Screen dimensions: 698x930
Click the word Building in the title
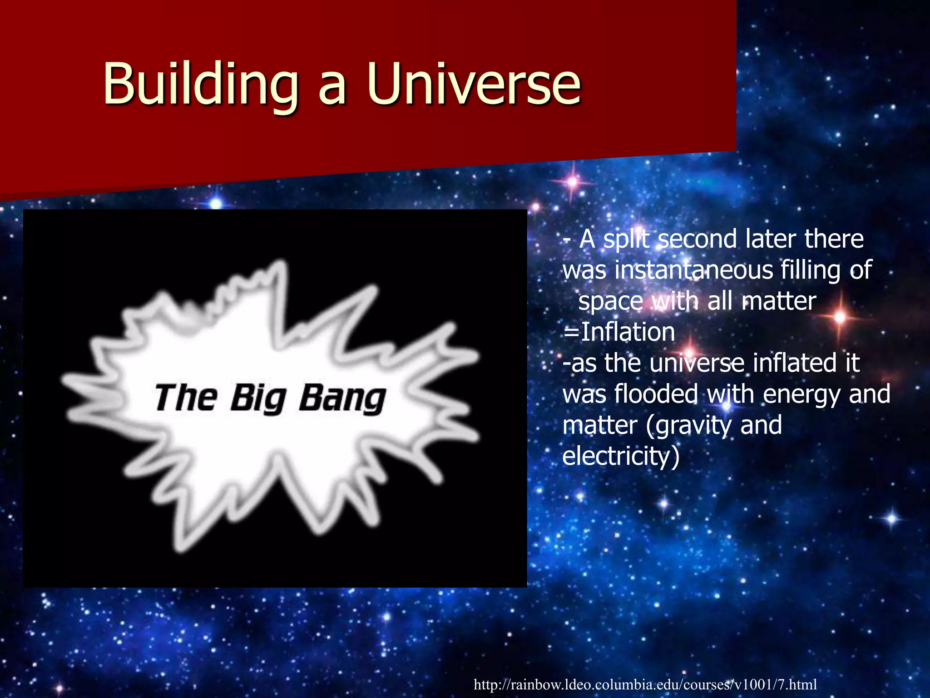click(x=200, y=84)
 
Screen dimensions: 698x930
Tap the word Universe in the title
click(x=475, y=84)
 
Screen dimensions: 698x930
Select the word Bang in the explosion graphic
click(x=342, y=399)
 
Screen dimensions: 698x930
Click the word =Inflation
click(x=618, y=332)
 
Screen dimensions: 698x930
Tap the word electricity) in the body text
click(x=621, y=457)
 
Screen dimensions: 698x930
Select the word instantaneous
click(x=694, y=270)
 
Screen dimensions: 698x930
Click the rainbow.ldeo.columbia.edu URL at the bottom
click(x=645, y=684)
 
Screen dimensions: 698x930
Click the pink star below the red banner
click(x=573, y=182)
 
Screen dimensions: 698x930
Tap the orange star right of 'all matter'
click(x=840, y=317)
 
